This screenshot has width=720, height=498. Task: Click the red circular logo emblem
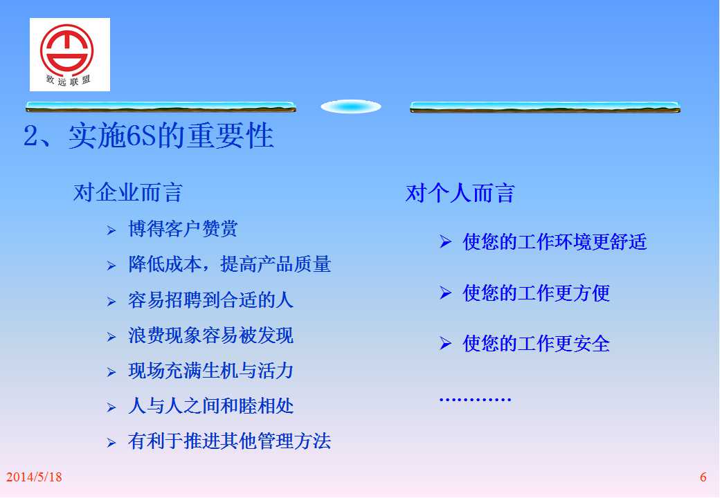click(66, 49)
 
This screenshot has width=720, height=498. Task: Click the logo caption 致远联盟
click(68, 81)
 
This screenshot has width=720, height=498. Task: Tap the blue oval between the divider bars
click(351, 107)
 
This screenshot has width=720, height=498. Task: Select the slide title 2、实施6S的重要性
click(148, 136)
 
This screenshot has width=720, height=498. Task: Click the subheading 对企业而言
click(127, 192)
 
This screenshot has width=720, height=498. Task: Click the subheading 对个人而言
click(460, 192)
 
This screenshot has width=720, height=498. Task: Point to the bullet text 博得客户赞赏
click(183, 229)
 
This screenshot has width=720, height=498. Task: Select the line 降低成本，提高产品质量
click(230, 264)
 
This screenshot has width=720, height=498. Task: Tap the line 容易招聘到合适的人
click(210, 300)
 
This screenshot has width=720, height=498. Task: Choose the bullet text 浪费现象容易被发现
click(210, 335)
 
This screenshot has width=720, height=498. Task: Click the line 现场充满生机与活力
click(210, 371)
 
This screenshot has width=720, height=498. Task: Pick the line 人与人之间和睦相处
click(210, 406)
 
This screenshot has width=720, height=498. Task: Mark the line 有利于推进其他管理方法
click(230, 441)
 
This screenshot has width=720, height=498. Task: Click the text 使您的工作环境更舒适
click(555, 241)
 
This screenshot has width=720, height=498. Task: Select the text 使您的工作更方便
click(537, 293)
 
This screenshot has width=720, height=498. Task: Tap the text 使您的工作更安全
click(537, 344)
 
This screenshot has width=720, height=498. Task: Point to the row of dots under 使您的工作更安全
click(475, 399)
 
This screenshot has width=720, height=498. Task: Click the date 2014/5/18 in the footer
click(34, 477)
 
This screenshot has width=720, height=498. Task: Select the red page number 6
click(703, 477)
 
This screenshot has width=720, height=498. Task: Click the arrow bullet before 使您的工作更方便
click(445, 292)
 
